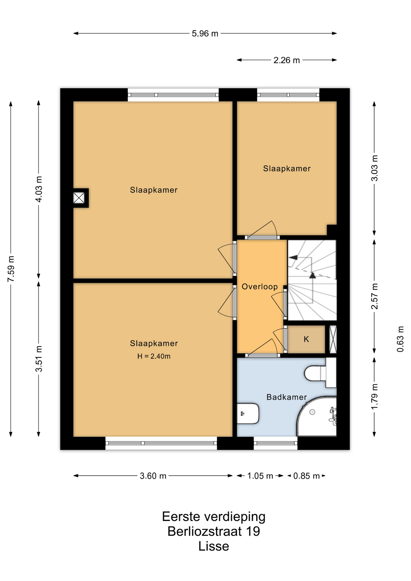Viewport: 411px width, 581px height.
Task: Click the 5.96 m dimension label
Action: tap(205, 34)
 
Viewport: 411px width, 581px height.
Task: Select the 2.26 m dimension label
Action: tap(287, 60)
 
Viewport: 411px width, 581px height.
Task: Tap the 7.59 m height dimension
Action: tap(11, 268)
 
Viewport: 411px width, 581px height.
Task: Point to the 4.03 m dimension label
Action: tap(39, 189)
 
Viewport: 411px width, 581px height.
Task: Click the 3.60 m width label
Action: tap(153, 476)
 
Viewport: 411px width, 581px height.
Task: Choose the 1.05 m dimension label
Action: tap(260, 476)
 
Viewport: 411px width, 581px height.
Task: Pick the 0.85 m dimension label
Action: tap(307, 476)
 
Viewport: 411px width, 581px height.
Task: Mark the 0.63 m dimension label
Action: tap(400, 339)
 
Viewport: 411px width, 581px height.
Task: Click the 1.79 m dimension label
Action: tap(375, 396)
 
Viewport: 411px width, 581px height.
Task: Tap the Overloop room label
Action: tap(260, 287)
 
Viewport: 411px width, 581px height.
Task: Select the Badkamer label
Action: tap(287, 397)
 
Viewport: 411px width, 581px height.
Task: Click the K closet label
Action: tap(306, 339)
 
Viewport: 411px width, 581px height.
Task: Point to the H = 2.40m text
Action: tap(154, 356)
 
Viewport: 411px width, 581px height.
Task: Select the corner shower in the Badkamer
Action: tap(317, 416)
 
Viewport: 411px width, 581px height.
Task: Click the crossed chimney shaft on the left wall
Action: tap(79, 198)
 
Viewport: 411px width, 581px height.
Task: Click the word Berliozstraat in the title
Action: tap(205, 531)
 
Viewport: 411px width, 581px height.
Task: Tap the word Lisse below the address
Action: tap(214, 546)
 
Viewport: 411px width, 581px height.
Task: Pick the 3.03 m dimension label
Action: tap(375, 168)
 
